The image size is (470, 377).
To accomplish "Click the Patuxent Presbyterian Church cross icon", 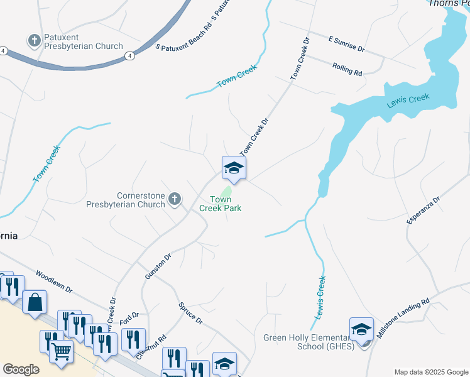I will [34, 41].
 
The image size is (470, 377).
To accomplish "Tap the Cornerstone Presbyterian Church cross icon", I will [175, 200].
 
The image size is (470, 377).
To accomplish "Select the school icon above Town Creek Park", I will [234, 168].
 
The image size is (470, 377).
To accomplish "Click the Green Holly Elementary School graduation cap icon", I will [361, 329].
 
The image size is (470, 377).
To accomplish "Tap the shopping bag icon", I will [35, 302].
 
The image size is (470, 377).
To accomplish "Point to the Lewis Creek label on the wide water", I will [408, 101].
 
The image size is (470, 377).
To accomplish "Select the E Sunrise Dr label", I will [346, 43].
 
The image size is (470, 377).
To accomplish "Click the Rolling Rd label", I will [347, 69].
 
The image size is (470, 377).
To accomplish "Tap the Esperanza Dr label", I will [424, 210].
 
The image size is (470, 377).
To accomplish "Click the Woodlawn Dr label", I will [55, 283].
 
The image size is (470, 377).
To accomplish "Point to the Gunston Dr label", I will [158, 266].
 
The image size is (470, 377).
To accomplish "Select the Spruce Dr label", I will [190, 312].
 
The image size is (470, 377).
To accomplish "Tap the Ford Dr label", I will [129, 320].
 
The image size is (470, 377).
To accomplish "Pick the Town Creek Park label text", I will [221, 204].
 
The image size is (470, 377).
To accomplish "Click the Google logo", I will [21, 369].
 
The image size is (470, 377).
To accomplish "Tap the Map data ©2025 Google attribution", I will [430, 372].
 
